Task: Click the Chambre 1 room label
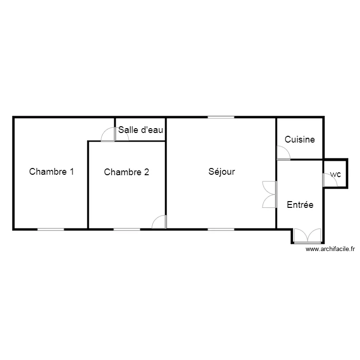[51, 171]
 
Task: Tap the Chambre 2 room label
[126, 172]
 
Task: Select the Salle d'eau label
[141, 129]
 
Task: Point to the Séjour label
[222, 171]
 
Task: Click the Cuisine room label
[300, 140]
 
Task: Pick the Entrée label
[300, 204]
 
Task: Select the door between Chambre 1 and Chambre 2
[108, 136]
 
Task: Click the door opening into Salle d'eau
[122, 135]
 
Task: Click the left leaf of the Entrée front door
[300, 236]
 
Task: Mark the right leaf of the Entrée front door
[314, 236]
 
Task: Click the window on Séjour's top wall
[221, 117]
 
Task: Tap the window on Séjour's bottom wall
[221, 229]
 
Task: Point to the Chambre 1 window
[51, 229]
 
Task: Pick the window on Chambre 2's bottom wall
[127, 229]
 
